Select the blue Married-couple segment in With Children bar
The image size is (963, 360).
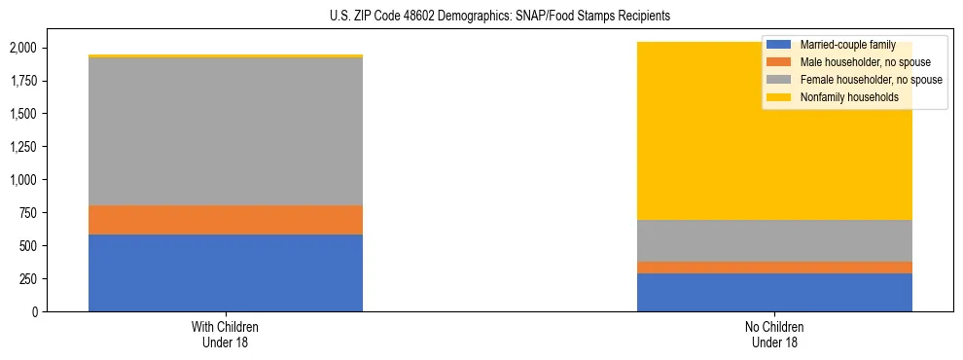(x=226, y=272)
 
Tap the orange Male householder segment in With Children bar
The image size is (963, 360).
(x=226, y=220)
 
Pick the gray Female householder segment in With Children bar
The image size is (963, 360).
(x=226, y=131)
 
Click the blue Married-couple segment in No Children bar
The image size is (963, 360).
(x=774, y=292)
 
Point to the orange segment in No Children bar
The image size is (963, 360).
(x=774, y=268)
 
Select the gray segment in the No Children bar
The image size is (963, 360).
(x=774, y=240)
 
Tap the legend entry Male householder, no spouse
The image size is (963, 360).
(x=860, y=62)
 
